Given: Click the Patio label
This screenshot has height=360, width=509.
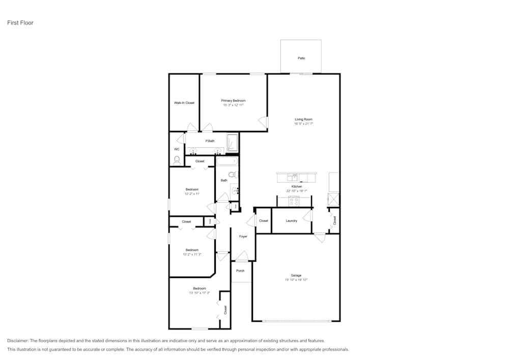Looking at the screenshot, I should [301, 59].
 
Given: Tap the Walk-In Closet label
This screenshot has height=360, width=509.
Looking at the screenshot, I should [184, 103].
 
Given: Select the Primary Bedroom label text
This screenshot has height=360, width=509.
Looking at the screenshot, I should [233, 101].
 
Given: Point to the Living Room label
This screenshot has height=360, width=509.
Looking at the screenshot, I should [303, 119].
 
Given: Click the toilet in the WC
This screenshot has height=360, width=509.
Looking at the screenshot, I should [177, 160].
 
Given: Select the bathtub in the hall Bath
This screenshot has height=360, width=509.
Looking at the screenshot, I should [227, 161].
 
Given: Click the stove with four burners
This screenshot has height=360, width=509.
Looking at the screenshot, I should [294, 201].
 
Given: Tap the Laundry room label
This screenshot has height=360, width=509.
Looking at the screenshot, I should [291, 221].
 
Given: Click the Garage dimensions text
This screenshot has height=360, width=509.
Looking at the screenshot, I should [296, 280].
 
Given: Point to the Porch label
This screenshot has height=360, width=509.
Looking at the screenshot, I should [240, 271].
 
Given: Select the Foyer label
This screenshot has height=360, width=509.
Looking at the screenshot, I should [243, 237].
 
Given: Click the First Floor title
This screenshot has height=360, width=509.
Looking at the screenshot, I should [20, 23].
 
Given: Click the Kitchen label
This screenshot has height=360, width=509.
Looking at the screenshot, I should [296, 187].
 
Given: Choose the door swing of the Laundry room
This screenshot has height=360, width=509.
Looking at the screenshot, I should [307, 217].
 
